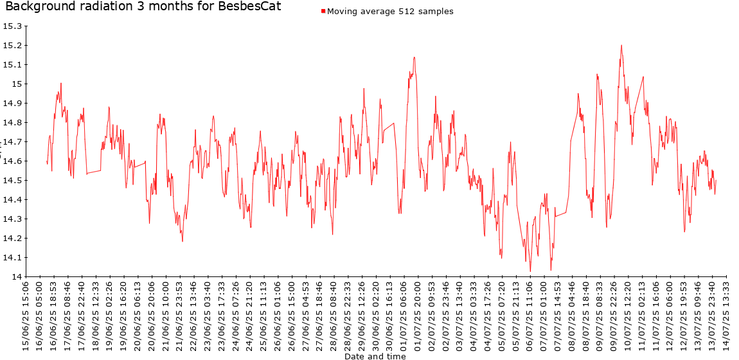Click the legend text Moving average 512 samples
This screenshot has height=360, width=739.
click(x=390, y=12)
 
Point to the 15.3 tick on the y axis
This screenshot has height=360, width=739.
click(x=12, y=26)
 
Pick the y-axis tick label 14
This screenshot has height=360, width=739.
click(x=16, y=277)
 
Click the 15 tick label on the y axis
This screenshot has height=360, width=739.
click(x=16, y=84)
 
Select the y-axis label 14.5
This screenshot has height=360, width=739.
click(x=12, y=181)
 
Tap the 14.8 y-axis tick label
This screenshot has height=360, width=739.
click(x=12, y=123)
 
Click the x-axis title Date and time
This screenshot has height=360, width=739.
click(x=375, y=356)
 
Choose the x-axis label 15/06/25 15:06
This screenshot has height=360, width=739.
click(x=26, y=315)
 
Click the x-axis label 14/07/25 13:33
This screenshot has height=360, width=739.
click(x=726, y=315)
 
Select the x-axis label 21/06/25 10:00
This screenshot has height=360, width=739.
click(x=166, y=315)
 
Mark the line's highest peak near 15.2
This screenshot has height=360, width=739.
click(x=621, y=45)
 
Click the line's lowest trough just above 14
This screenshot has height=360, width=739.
click(x=530, y=271)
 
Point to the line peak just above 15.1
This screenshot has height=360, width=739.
click(x=414, y=57)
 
